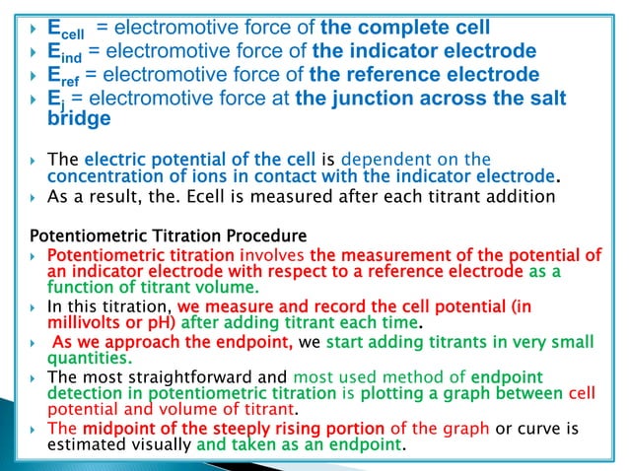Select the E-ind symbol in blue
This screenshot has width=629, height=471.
point(64,50)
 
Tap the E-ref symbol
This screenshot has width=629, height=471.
point(64,75)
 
